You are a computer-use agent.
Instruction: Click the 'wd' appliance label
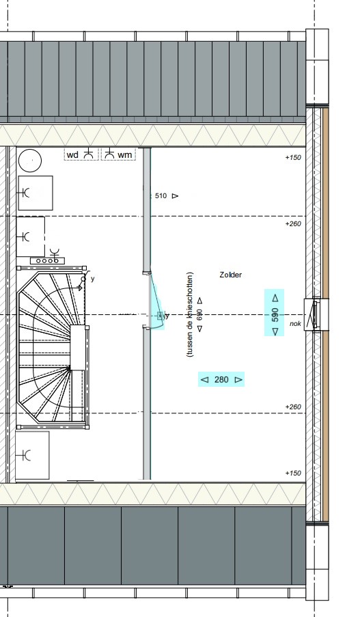click(x=73, y=155)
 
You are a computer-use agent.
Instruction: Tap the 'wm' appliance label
click(x=125, y=155)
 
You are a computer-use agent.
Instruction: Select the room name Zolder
click(x=231, y=275)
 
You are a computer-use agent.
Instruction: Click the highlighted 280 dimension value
click(x=221, y=380)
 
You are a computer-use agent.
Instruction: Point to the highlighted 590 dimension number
click(x=275, y=315)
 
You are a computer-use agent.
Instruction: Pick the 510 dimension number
click(x=161, y=195)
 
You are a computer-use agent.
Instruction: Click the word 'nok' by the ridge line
click(x=296, y=324)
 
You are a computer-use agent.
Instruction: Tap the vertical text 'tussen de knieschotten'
click(x=191, y=314)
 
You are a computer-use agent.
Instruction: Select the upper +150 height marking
click(x=293, y=157)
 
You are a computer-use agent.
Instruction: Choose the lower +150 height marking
click(x=293, y=473)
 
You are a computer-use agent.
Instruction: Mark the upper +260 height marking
click(x=293, y=224)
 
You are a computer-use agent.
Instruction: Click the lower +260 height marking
click(x=293, y=407)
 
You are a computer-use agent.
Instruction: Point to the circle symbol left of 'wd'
click(x=30, y=161)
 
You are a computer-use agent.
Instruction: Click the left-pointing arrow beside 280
click(x=204, y=380)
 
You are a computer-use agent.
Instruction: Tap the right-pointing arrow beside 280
click(x=238, y=380)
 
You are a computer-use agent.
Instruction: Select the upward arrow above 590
click(x=275, y=298)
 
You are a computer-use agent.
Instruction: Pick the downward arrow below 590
click(x=275, y=331)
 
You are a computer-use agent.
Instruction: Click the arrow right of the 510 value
click(x=175, y=195)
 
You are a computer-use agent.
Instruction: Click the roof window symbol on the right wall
click(x=316, y=314)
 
